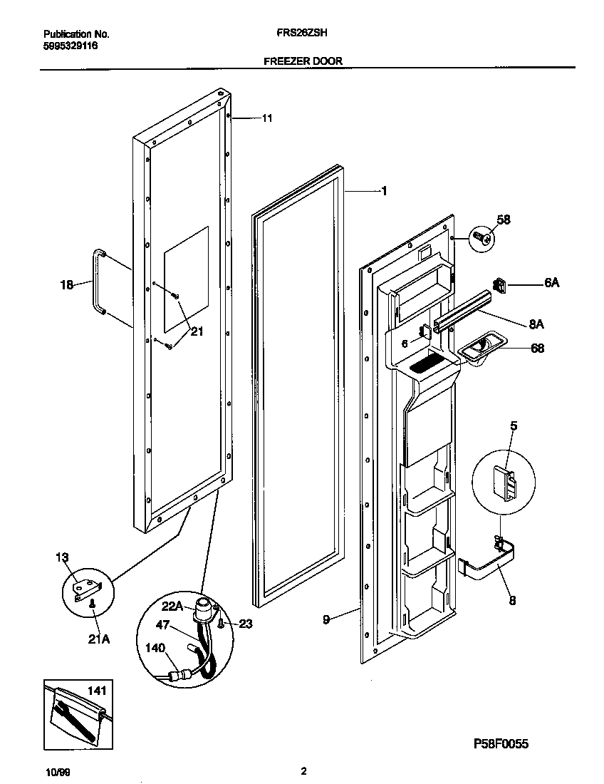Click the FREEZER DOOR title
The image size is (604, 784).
pos(303,61)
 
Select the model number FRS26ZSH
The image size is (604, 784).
pos(302,33)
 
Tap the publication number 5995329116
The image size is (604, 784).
pos(71,46)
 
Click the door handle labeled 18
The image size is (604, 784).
pos(96,282)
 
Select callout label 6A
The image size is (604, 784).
pos(551,283)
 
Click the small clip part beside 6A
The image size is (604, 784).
pos(500,286)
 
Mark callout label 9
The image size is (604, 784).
pos(326,619)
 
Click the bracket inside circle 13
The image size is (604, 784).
pos(88,588)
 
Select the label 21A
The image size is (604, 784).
pos(98,639)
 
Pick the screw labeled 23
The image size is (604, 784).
pos(221,624)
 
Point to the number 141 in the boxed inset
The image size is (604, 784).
pos(96,691)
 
